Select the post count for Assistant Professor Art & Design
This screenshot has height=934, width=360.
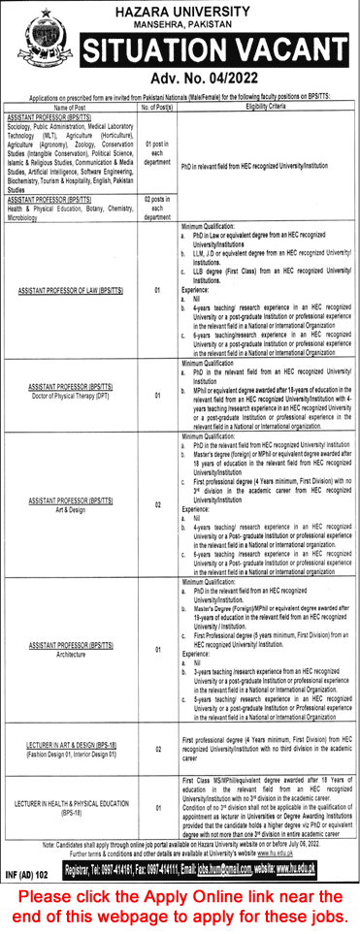click(x=155, y=505)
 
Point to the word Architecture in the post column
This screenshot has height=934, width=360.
click(x=74, y=652)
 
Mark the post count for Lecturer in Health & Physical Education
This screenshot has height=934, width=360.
click(x=155, y=804)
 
